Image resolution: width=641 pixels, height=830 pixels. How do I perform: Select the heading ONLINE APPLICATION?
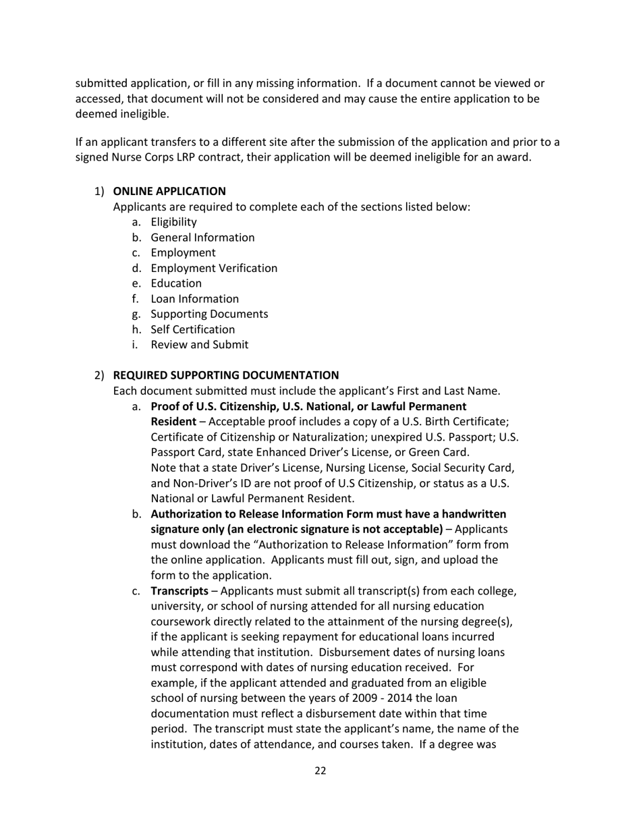169,192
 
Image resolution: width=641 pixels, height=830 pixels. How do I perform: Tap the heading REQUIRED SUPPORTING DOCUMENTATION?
226,375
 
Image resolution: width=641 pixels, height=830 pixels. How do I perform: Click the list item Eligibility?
173,222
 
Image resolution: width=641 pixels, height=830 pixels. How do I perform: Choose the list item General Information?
202,238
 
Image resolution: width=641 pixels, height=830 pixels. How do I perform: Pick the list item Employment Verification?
214,269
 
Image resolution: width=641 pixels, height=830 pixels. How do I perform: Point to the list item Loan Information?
194,299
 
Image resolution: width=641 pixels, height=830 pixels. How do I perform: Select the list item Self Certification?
193,330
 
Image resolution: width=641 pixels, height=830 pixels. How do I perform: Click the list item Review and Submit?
199,345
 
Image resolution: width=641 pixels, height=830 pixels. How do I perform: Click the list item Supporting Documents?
209,314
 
